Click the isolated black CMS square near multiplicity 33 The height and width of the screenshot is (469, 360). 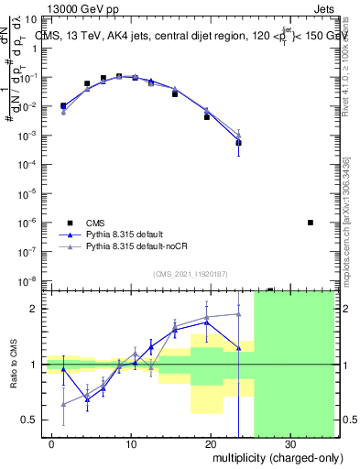311,223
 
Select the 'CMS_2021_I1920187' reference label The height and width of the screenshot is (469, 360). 190,274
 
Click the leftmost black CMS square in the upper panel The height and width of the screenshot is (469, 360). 63,106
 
